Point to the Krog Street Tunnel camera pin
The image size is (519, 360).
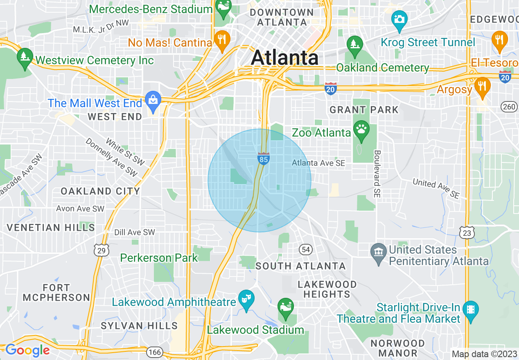pyautogui.click(x=399, y=20)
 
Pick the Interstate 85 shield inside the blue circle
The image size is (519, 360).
pyautogui.click(x=263, y=159)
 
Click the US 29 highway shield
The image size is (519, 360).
pyautogui.click(x=100, y=250)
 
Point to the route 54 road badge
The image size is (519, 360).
pyautogui.click(x=305, y=249)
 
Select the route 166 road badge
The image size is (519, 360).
pyautogui.click(x=156, y=352)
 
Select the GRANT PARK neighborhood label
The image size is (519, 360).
pyautogui.click(x=363, y=110)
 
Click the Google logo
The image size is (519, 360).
pyautogui.click(x=27, y=351)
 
